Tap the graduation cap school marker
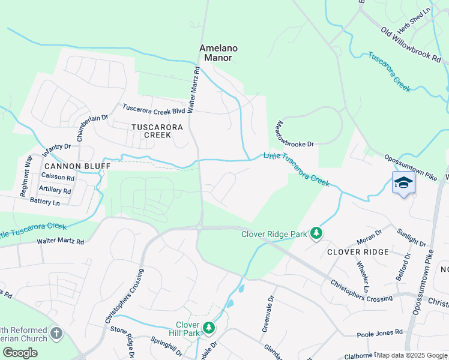tap(403, 182)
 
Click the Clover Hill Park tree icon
tap(208, 328)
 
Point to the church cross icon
tap(56, 332)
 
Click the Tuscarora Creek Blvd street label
tap(154, 109)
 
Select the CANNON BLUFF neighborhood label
tap(76, 165)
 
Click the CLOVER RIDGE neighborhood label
tap(358, 252)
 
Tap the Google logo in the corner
tap(20, 352)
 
